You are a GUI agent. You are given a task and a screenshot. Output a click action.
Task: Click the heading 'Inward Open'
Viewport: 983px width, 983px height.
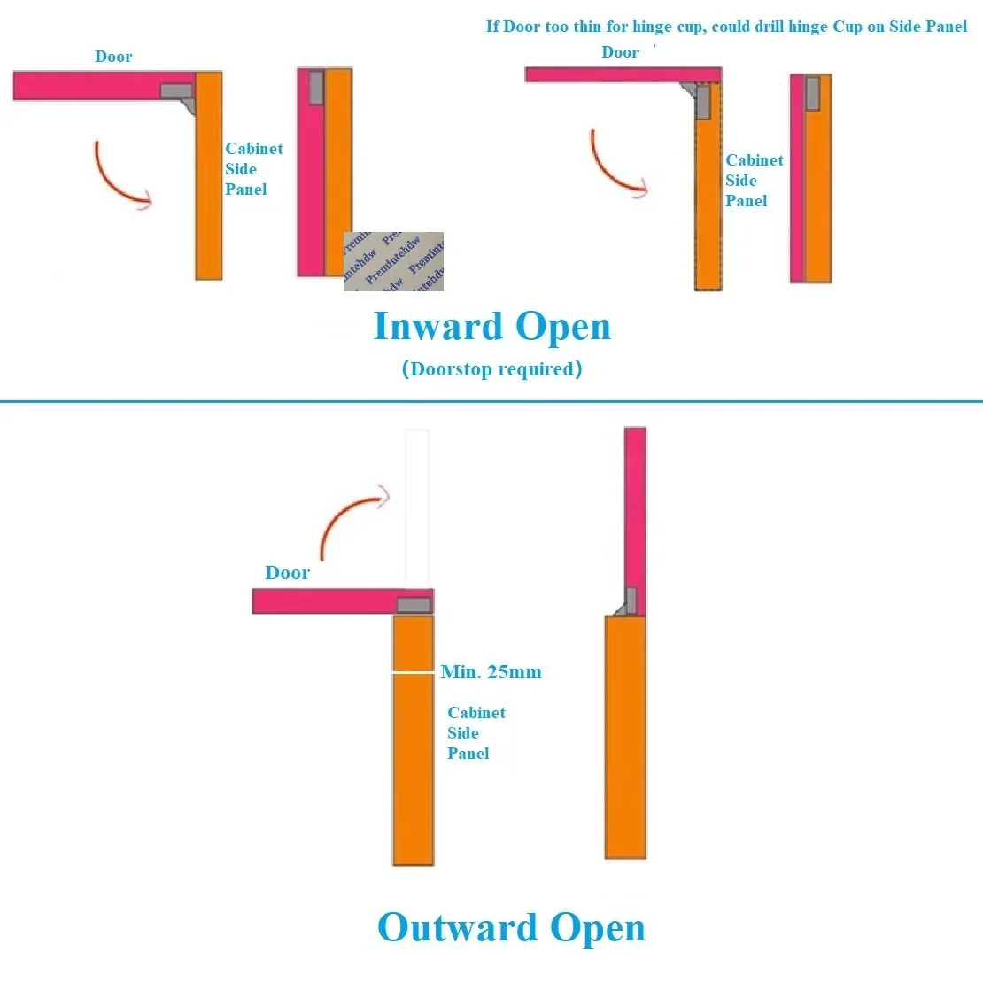click(492, 327)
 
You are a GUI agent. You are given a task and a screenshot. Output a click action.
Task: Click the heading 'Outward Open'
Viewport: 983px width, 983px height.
click(511, 928)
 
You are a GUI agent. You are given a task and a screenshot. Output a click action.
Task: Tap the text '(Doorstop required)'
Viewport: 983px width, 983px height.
click(492, 369)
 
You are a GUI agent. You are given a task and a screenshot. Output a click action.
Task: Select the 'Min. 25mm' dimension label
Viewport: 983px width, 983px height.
click(491, 672)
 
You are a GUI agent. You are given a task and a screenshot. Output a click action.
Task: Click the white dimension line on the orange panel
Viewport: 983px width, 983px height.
click(414, 673)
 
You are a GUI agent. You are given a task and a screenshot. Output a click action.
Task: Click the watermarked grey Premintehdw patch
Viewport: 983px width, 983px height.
click(393, 262)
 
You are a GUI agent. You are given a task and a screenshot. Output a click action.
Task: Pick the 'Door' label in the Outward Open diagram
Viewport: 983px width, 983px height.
click(288, 573)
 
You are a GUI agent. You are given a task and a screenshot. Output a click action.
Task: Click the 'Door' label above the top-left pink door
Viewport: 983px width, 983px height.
click(113, 57)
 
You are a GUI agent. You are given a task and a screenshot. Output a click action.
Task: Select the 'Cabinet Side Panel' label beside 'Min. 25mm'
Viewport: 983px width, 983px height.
click(476, 733)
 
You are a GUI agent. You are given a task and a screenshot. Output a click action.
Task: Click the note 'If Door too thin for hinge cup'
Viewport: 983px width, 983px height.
click(726, 27)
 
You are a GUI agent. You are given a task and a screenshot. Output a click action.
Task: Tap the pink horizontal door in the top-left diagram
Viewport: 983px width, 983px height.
click(89, 86)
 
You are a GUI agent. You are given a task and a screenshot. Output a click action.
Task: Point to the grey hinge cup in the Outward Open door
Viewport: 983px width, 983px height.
click(414, 606)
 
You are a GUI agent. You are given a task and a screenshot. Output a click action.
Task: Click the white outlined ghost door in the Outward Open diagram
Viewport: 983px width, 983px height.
click(417, 505)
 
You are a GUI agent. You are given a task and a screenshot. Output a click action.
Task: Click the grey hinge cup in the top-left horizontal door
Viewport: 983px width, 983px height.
click(176, 90)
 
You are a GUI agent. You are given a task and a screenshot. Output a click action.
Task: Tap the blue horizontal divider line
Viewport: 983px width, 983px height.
click(491, 401)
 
